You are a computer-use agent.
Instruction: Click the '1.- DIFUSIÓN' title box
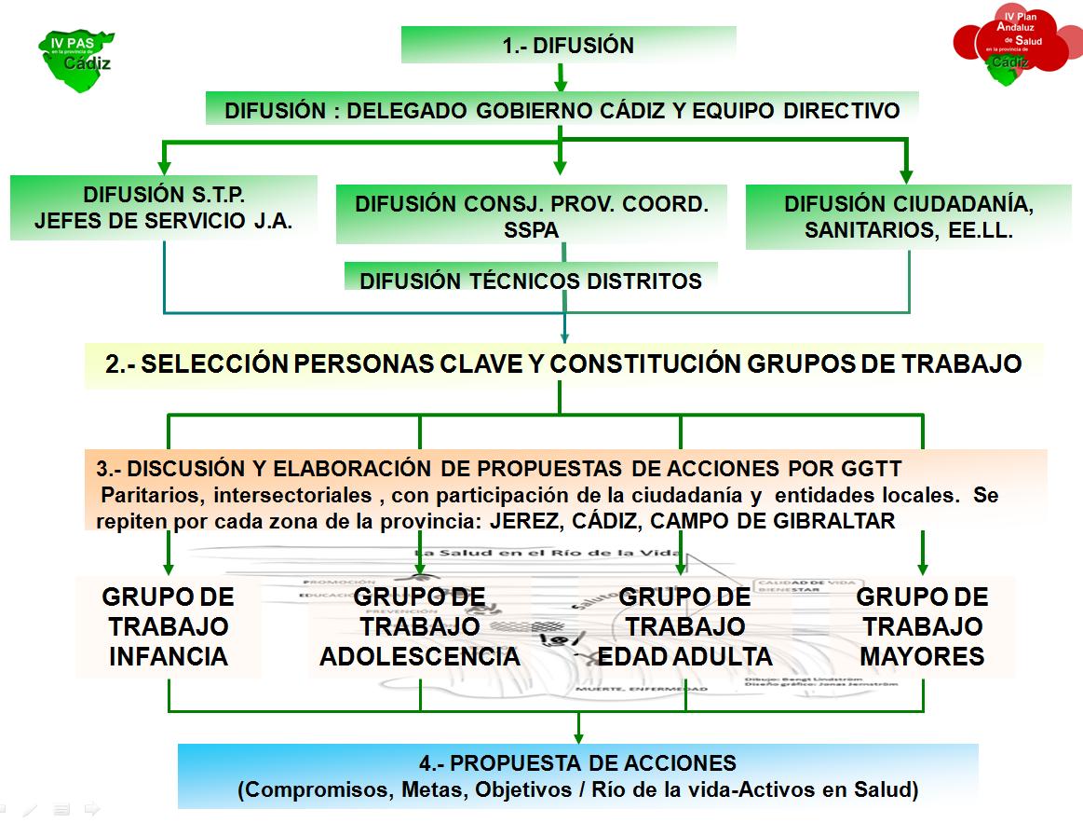click(x=568, y=45)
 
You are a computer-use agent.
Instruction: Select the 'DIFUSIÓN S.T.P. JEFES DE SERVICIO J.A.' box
click(x=164, y=209)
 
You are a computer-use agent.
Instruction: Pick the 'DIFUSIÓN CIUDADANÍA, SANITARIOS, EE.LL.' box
click(x=909, y=217)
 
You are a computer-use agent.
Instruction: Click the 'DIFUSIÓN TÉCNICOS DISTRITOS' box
click(x=531, y=280)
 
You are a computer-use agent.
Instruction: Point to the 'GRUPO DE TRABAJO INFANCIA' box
click(x=169, y=626)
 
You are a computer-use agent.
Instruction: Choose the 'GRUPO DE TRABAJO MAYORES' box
click(x=922, y=626)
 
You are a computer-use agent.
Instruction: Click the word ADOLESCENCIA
click(x=420, y=656)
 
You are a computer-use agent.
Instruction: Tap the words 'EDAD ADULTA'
click(x=684, y=656)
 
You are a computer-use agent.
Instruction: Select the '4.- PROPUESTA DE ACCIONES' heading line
click(x=577, y=763)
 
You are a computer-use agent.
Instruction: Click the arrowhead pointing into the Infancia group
click(x=169, y=568)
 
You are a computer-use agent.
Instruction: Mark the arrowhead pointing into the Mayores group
click(x=922, y=568)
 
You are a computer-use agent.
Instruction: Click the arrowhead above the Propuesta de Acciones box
click(x=578, y=736)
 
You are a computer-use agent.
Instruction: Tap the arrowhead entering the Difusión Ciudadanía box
click(x=907, y=175)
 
